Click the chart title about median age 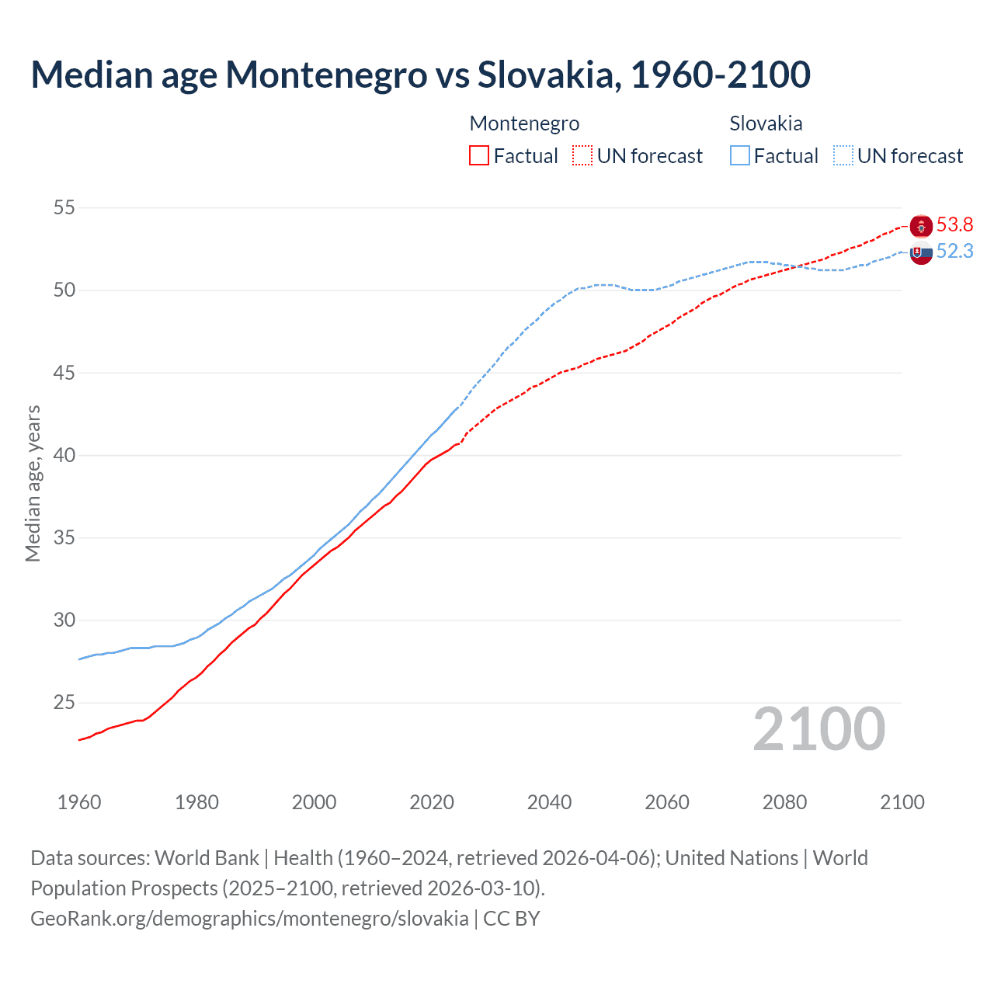click(x=420, y=75)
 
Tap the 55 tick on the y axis click(x=64, y=208)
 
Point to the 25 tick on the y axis click(x=64, y=703)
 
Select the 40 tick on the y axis click(x=64, y=455)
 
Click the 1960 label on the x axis click(x=79, y=802)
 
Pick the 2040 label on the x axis click(x=549, y=802)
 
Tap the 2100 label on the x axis click(x=902, y=802)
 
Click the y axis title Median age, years click(x=33, y=483)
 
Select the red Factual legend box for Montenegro click(x=479, y=155)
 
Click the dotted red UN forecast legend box click(x=582, y=155)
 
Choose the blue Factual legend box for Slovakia click(x=740, y=155)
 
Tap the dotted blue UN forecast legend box click(x=843, y=155)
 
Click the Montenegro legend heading click(x=524, y=123)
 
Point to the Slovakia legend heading click(x=766, y=123)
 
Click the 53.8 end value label click(x=954, y=225)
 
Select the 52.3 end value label click(x=954, y=252)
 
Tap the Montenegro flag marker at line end click(x=921, y=226)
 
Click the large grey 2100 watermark click(x=818, y=728)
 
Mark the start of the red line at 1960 click(x=79, y=740)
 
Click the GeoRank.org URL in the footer click(x=249, y=919)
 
